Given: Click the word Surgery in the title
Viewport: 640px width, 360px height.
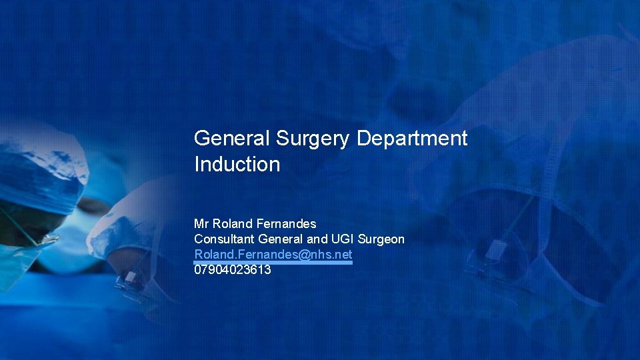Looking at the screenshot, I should (x=311, y=139).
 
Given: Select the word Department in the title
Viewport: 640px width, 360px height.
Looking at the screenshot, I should (x=412, y=139).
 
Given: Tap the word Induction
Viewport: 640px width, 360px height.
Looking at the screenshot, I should (x=237, y=164).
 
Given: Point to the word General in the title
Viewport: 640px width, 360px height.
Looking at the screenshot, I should (x=231, y=139).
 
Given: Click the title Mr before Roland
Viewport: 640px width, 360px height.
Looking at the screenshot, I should (x=201, y=223).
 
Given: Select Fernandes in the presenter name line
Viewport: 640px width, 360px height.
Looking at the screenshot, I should (x=286, y=223).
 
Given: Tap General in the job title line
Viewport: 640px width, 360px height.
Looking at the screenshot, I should (x=280, y=239).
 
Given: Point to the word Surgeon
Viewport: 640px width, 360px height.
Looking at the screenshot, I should (x=381, y=239).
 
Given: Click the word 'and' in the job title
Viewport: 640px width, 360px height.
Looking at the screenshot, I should (x=317, y=239).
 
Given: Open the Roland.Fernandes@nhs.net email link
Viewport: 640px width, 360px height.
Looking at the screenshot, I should (x=273, y=255).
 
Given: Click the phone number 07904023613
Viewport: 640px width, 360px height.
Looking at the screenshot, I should (x=232, y=270).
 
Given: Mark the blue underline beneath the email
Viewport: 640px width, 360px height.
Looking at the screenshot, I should (x=273, y=263).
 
